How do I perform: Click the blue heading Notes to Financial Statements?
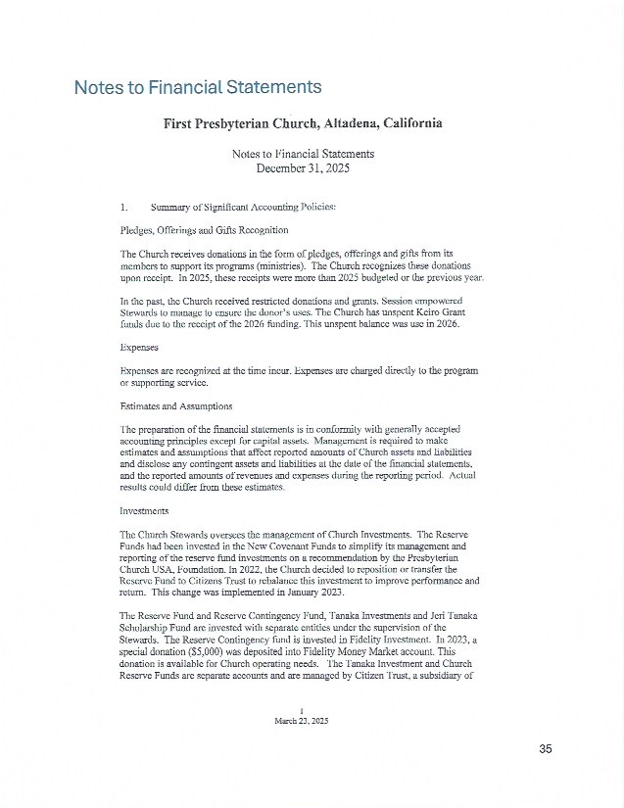198,87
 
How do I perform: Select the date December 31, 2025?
303,168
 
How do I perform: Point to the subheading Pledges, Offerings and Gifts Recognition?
204,230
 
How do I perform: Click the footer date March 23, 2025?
303,720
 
